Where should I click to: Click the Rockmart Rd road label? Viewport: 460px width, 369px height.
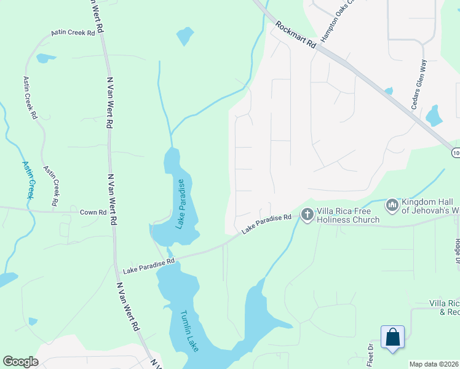pos(296,35)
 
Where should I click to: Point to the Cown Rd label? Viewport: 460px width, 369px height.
pos(93,212)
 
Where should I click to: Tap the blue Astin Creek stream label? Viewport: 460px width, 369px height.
pos(28,180)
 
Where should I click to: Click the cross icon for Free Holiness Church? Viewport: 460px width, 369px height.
pos(307,214)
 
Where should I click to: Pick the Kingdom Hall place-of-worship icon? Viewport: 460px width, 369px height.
pos(392,204)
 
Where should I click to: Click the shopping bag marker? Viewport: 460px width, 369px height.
pos(392,337)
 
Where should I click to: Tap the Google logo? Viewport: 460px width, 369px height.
pos(20,362)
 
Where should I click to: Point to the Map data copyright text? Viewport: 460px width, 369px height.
pos(434,364)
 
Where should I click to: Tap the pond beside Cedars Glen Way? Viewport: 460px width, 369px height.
pos(434,115)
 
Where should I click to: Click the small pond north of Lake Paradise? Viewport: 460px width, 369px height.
pos(184,36)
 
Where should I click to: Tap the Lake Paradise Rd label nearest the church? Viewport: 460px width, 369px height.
pos(266,223)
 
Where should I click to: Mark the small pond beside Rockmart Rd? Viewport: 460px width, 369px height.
pos(389,92)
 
